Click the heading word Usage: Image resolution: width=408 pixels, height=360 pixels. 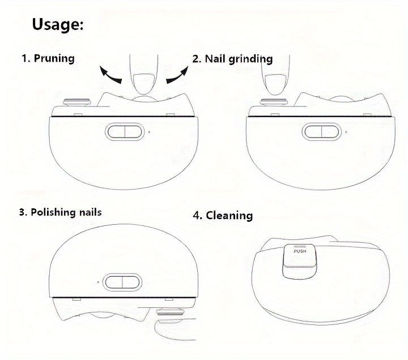click(x=58, y=25)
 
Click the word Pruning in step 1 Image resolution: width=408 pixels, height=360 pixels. click(x=54, y=58)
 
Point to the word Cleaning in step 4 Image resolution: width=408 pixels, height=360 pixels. click(x=229, y=216)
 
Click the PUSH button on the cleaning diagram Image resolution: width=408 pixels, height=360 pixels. click(x=300, y=256)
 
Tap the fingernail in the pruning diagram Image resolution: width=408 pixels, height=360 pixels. click(x=144, y=84)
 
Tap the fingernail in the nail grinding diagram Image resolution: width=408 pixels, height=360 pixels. click(x=276, y=84)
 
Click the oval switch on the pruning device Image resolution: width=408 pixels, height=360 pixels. click(x=125, y=132)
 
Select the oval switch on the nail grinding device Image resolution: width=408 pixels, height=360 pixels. click(x=322, y=132)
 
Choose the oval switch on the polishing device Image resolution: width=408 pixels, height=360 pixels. click(x=122, y=282)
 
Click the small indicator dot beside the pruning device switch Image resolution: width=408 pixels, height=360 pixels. click(x=149, y=132)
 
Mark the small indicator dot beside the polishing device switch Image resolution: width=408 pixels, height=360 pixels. click(x=98, y=281)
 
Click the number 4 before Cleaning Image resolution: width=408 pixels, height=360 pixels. click(x=197, y=216)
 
